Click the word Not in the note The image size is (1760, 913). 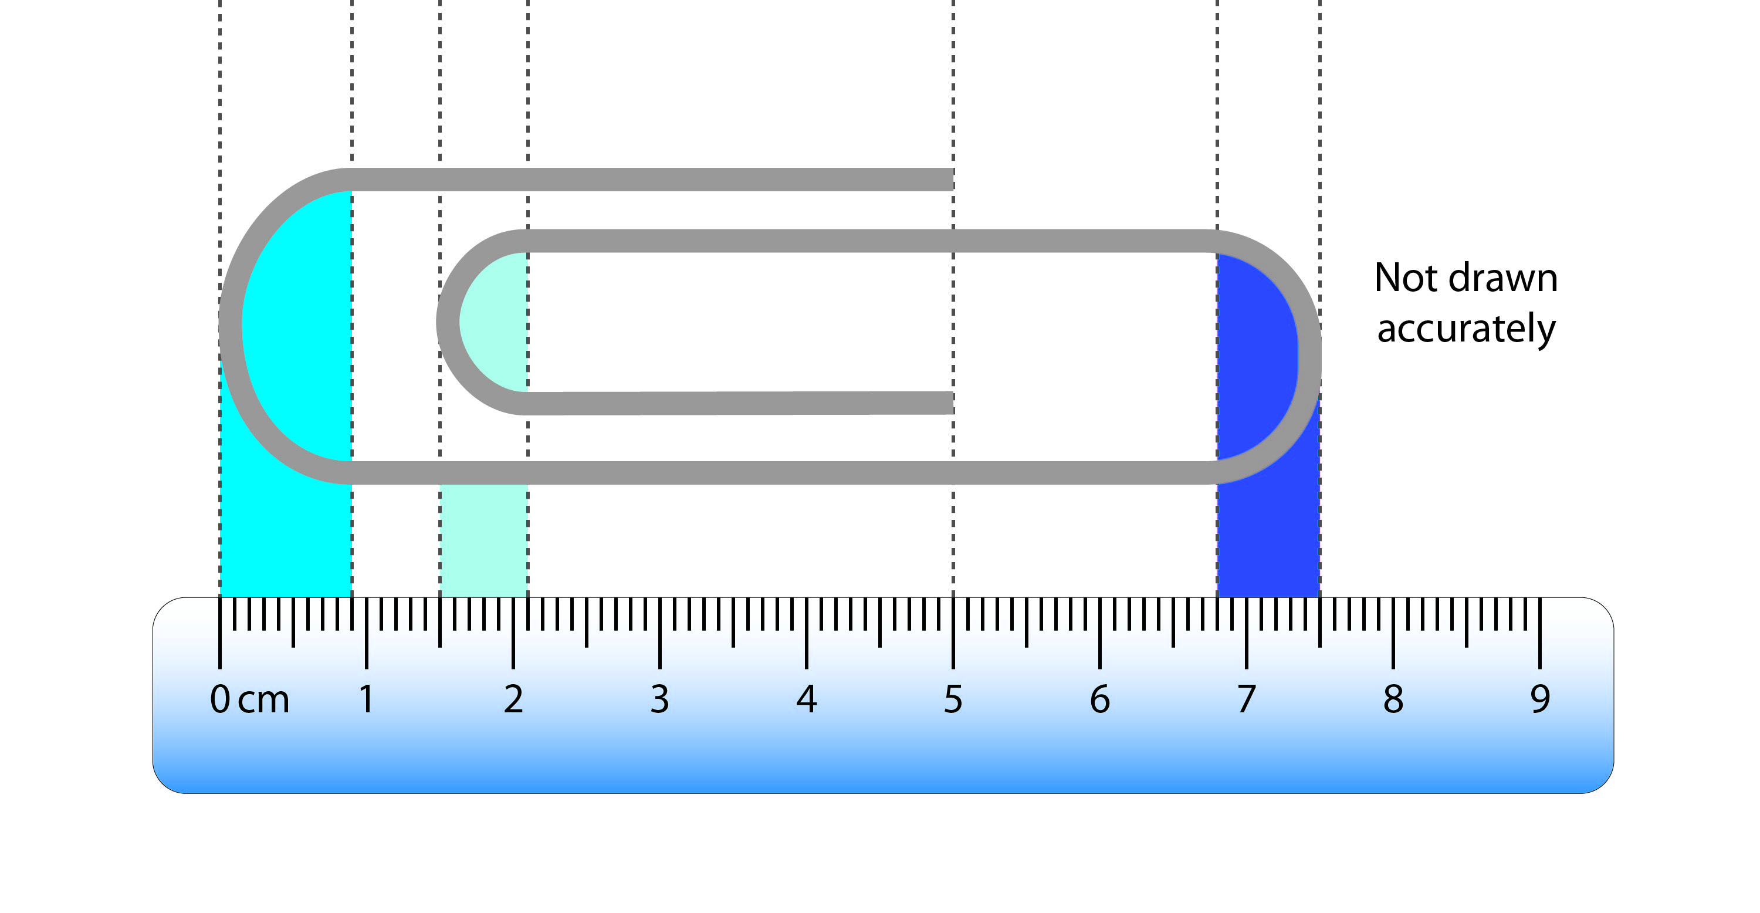tap(1406, 278)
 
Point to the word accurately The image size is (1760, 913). tap(1466, 329)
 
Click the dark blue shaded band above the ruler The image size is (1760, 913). tap(1268, 540)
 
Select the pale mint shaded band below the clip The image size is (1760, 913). tap(483, 540)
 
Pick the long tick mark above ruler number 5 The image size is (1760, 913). tap(953, 632)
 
